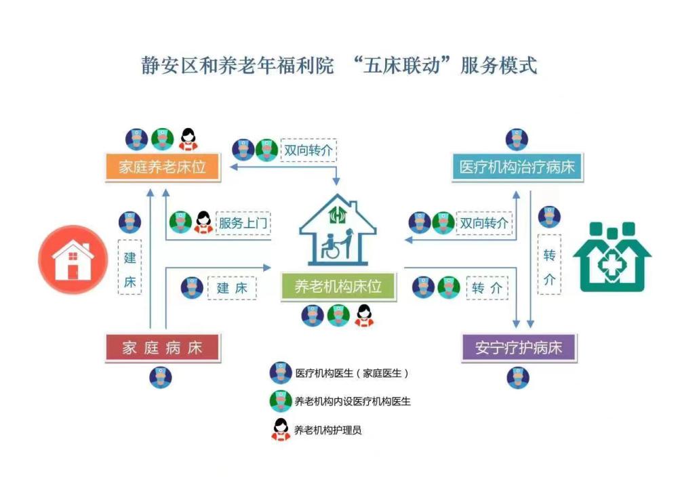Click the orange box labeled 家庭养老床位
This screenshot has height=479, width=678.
tap(163, 167)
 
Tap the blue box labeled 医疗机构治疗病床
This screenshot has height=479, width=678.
tap(517, 167)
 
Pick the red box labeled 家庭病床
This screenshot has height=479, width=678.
tap(163, 348)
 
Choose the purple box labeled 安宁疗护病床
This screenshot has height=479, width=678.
tap(518, 348)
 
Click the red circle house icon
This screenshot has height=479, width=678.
tap(73, 259)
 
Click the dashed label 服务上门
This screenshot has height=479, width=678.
tap(243, 222)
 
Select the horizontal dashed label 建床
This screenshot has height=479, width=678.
tap(232, 287)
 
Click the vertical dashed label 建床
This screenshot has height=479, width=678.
tap(129, 268)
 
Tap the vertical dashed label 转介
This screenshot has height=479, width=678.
tap(549, 265)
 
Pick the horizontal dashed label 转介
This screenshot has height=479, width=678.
tap(487, 287)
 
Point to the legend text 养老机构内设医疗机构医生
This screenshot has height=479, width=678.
tap(353, 401)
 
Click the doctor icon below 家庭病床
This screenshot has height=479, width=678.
tap(161, 377)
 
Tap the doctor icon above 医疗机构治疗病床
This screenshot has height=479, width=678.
tap(517, 139)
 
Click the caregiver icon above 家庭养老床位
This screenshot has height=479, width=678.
tap(188, 139)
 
